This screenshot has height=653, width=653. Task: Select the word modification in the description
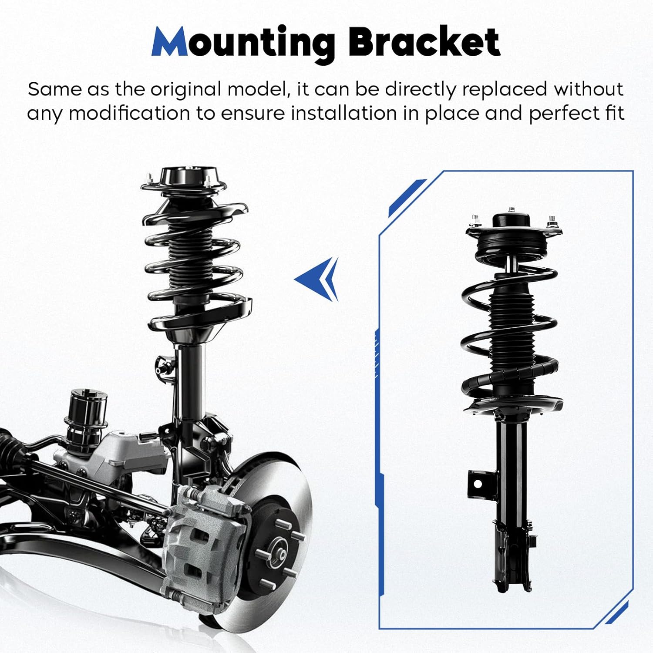click(129, 113)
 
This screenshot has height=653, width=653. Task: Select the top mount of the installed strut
click(184, 181)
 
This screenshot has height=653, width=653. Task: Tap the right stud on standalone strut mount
click(552, 221)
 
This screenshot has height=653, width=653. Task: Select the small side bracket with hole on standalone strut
click(478, 483)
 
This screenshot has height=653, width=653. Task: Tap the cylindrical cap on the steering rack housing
click(87, 407)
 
